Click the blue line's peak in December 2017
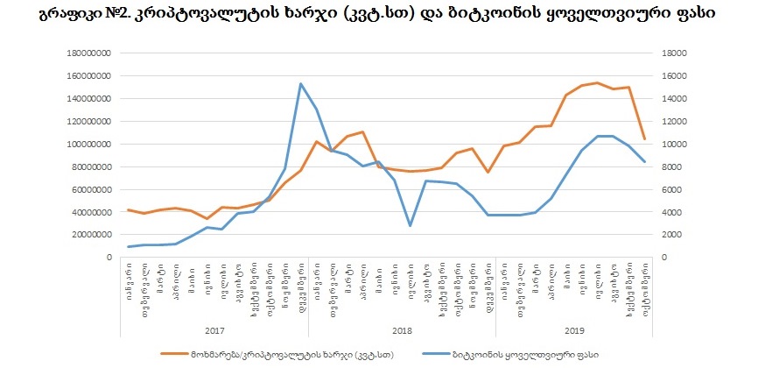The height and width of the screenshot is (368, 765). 300,84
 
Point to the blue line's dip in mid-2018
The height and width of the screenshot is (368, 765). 410,225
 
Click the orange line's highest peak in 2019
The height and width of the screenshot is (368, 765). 597,83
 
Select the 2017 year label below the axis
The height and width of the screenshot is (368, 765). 214,331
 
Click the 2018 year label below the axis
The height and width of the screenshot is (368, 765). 402,331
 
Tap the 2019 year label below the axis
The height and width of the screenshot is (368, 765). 574,331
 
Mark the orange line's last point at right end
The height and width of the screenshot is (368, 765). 644,138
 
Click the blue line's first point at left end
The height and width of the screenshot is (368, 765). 129,246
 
